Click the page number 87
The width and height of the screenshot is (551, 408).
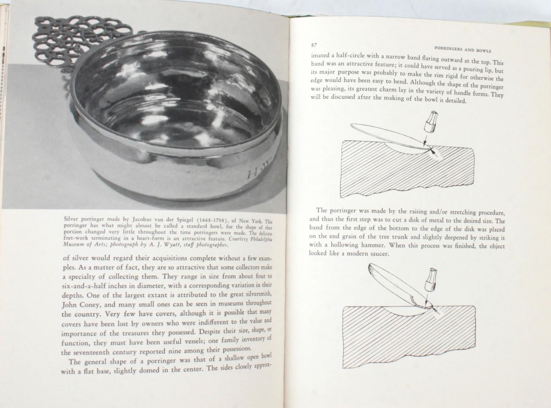313,45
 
